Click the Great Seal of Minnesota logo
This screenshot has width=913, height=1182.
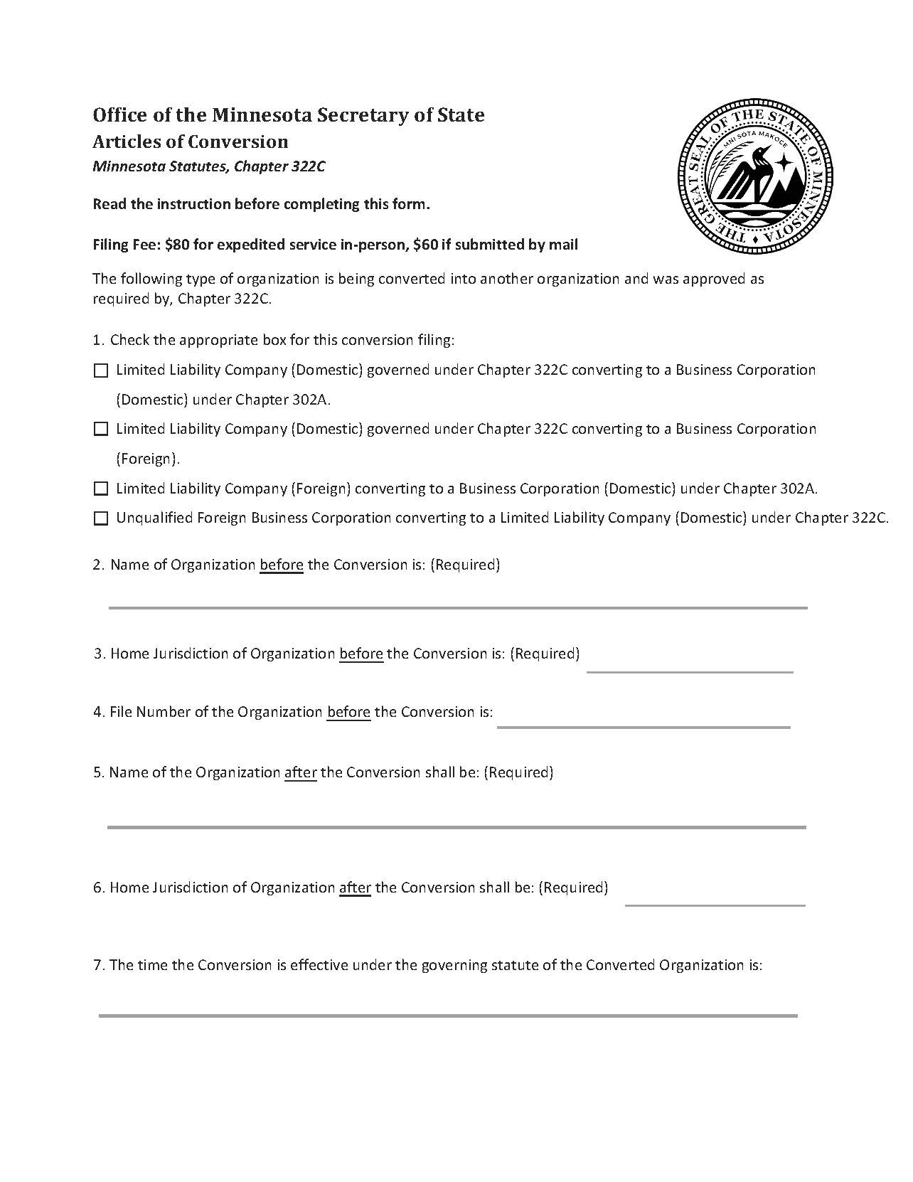coord(754,176)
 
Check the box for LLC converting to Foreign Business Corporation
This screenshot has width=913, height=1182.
coord(101,429)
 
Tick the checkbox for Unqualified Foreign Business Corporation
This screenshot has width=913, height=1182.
coord(101,518)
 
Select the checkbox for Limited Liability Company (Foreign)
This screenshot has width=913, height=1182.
coord(101,489)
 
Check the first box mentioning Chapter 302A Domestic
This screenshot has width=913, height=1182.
coord(101,371)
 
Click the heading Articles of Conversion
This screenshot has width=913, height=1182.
coord(191,142)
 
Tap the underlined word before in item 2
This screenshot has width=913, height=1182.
coord(282,565)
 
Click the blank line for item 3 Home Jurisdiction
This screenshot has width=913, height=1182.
coord(689,670)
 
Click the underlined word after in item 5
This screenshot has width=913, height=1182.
coord(300,772)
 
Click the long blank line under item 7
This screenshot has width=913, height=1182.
coord(448,1015)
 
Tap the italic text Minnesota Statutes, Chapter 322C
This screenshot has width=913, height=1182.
coord(209,167)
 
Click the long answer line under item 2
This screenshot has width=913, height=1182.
coord(457,607)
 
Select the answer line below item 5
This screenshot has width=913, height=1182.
coord(456,826)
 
